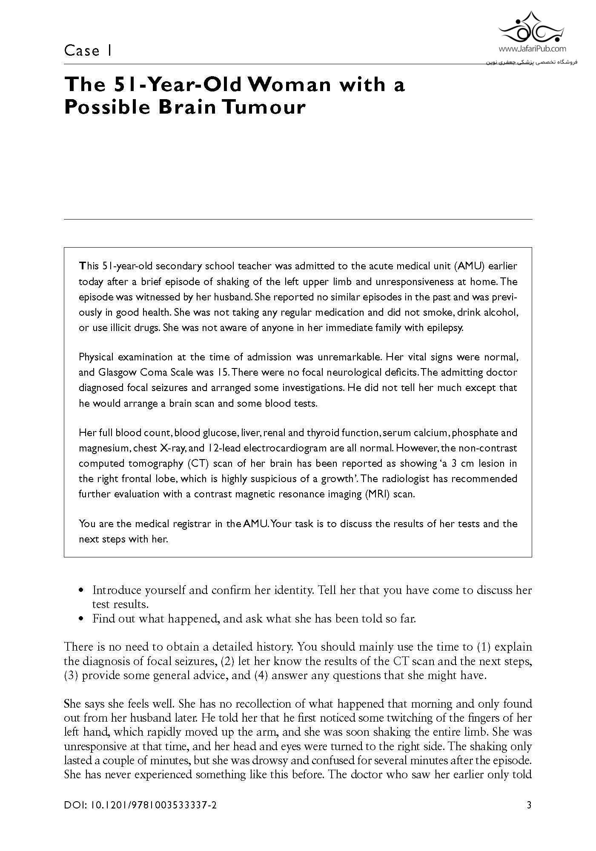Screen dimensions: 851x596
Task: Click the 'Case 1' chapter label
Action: tap(88, 51)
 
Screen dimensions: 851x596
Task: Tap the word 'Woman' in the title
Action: tap(289, 84)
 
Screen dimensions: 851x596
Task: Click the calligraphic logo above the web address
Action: tap(532, 28)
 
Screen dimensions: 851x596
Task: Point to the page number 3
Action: tap(529, 805)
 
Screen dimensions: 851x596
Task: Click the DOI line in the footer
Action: tap(140, 805)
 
